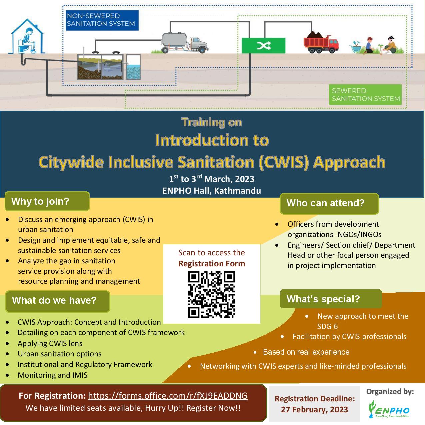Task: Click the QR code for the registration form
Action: tap(212, 294)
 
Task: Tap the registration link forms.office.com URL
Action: tap(168, 396)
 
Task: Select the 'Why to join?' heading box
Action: tap(47, 201)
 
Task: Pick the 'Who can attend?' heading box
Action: tap(329, 203)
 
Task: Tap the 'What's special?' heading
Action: tap(331, 299)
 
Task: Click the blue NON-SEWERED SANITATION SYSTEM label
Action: tap(102, 20)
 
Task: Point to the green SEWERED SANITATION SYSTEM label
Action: tap(365, 95)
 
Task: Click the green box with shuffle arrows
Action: tap(263, 46)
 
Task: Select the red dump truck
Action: tap(321, 43)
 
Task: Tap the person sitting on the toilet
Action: tap(28, 40)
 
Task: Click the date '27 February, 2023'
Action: tap(314, 410)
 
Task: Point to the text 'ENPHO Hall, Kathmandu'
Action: tap(212, 191)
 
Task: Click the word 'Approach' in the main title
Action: tap(349, 162)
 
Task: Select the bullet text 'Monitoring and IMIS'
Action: tap(52, 375)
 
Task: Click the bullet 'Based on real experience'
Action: tap(306, 352)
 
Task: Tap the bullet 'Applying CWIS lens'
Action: tap(50, 343)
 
